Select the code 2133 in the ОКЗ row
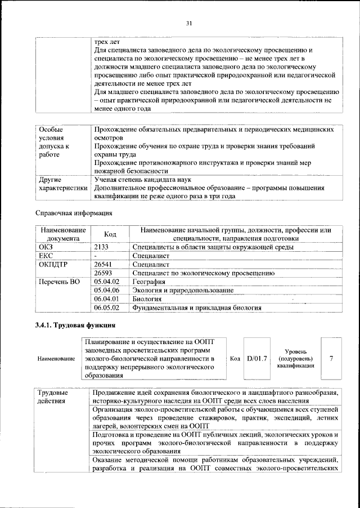(x=101, y=247)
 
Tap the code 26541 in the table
(x=103, y=264)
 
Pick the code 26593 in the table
(x=103, y=273)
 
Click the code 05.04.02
(x=107, y=282)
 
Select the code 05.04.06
(x=107, y=291)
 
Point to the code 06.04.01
(x=107, y=299)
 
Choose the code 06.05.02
(x=107, y=308)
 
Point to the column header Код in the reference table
(x=110, y=234)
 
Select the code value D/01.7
(x=257, y=358)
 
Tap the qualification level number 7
(x=331, y=358)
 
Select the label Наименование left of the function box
(x=56, y=358)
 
